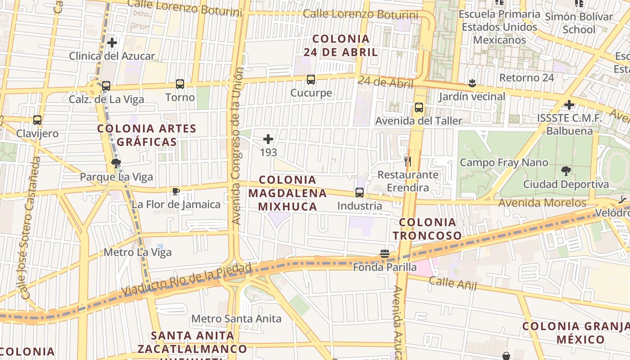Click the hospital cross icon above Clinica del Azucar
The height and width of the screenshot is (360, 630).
[x=112, y=43]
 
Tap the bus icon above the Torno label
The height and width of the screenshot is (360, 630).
[x=180, y=84]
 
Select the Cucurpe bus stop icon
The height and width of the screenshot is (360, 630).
[x=311, y=80]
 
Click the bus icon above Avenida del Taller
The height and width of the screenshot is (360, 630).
[x=419, y=108]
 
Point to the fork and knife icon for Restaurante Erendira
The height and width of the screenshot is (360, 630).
[x=408, y=161]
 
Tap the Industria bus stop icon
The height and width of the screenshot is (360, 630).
[x=360, y=193]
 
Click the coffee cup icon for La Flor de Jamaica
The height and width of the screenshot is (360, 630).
[x=176, y=192]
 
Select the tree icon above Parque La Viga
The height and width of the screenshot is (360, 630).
[x=117, y=163]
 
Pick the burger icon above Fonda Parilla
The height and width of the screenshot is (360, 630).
[x=384, y=254]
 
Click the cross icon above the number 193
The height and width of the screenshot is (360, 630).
[x=268, y=139]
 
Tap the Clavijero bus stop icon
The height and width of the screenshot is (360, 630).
[x=37, y=120]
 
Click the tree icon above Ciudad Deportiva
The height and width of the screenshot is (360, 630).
[x=566, y=171]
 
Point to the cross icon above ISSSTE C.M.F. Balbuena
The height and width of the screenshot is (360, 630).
[x=569, y=105]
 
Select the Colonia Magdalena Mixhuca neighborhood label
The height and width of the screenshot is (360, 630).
[x=288, y=193]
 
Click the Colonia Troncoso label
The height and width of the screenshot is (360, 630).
[x=427, y=229]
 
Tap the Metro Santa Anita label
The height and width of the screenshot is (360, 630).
[x=236, y=319]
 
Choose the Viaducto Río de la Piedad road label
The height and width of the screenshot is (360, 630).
[x=186, y=279]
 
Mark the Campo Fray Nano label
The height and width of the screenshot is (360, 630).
[x=504, y=162]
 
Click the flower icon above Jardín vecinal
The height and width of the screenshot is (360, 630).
[x=472, y=83]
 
